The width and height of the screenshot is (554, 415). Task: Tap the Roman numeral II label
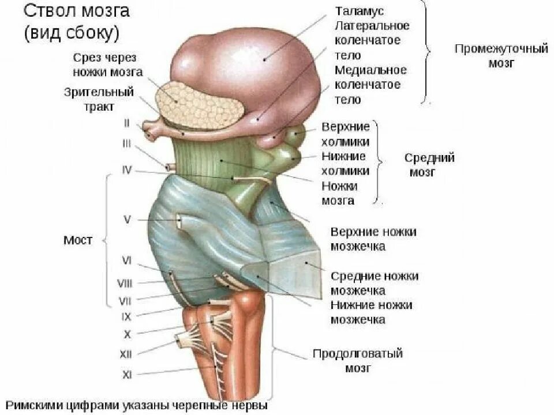tap(127, 122)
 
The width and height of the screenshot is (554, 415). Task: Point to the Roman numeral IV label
tap(127, 170)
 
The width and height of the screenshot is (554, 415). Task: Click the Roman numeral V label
tap(128, 219)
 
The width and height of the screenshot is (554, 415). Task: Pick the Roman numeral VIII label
tap(125, 282)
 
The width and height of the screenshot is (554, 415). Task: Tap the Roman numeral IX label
tap(126, 316)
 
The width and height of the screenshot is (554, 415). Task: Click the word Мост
tap(77, 240)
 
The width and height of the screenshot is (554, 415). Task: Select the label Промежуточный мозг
tap(500, 56)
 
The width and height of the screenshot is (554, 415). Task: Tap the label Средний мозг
tap(429, 164)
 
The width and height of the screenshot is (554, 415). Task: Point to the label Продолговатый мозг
tap(357, 360)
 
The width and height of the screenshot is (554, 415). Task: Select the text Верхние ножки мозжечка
tap(373, 239)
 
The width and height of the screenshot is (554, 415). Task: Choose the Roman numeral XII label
tap(126, 354)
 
